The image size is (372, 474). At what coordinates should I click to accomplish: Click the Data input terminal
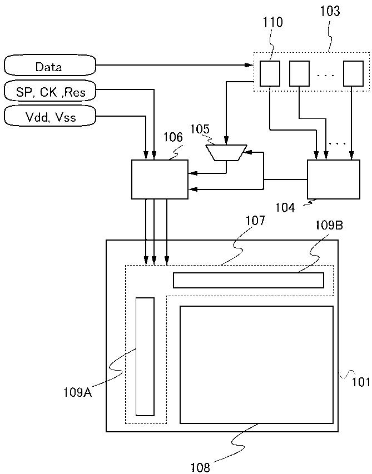pyautogui.click(x=49, y=67)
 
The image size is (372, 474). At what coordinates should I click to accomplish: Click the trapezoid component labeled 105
pyautogui.click(x=226, y=152)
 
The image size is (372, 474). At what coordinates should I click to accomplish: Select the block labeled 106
pyautogui.click(x=160, y=179)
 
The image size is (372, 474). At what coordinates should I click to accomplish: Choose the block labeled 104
pyautogui.click(x=334, y=179)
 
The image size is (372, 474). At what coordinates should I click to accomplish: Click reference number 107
pyautogui.click(x=255, y=221)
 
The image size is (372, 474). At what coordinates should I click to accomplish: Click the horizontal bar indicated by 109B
pyautogui.click(x=248, y=280)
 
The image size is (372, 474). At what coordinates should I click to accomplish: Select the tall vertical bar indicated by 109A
pyautogui.click(x=145, y=356)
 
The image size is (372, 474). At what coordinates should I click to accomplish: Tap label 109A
pyautogui.click(x=77, y=392)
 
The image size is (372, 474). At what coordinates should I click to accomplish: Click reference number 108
pyautogui.click(x=201, y=467)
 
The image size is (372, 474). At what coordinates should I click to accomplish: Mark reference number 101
pyautogui.click(x=361, y=382)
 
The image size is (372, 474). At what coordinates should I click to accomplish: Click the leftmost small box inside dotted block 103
pyautogui.click(x=270, y=73)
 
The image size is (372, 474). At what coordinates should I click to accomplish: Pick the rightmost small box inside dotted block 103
pyautogui.click(x=353, y=73)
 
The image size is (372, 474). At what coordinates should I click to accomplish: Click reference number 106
pyautogui.click(x=172, y=137)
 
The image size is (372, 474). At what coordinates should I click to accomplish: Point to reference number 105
pyautogui.click(x=200, y=129)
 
